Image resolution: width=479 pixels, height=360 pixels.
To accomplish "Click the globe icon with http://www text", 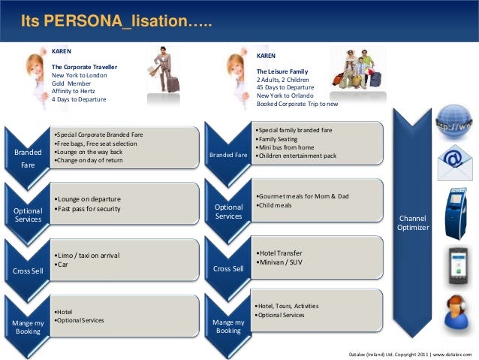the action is coord(453,121).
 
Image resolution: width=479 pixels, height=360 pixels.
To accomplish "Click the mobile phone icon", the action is coord(457,265).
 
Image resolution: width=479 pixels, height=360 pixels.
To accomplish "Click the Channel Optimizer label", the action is coord(413,222).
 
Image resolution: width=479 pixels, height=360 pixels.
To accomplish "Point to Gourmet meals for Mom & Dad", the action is coord(303,196).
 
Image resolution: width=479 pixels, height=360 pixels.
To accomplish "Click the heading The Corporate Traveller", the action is coord(84,67).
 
